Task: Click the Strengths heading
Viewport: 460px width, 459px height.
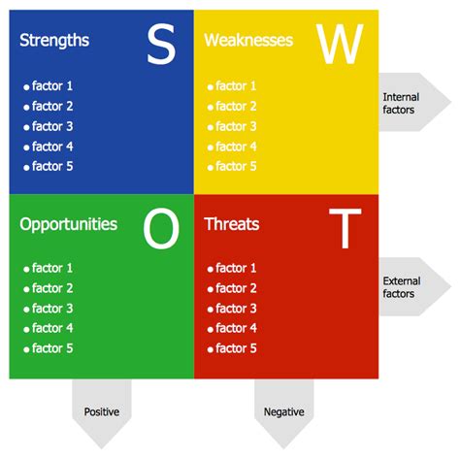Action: coord(54,41)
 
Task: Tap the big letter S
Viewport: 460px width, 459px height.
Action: coord(161,45)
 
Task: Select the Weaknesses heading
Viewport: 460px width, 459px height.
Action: coord(248,40)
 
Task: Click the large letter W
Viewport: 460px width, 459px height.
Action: coord(340,45)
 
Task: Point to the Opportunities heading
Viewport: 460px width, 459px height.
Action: coord(68,224)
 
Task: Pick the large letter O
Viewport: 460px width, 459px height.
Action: coord(161,228)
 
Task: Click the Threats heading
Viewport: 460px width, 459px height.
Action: coord(232,224)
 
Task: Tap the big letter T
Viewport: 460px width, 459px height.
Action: coord(345,228)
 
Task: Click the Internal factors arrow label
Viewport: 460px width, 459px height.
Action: coord(401,104)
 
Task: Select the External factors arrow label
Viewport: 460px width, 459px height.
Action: coord(402,287)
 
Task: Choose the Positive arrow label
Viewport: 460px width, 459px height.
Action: coord(102,412)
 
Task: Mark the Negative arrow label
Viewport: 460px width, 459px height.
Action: coord(284,412)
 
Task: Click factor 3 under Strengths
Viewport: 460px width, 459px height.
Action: coord(52,126)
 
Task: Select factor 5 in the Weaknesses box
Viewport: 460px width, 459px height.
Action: coord(236,167)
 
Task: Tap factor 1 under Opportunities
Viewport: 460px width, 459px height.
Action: coord(52,268)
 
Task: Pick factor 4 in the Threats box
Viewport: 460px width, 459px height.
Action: coord(236,328)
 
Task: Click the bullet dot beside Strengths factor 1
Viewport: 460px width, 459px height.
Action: coord(26,87)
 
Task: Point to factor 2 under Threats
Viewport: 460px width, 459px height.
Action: coord(236,288)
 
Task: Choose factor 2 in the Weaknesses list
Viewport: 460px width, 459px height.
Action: coord(236,107)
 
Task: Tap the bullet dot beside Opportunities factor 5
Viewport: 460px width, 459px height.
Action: coord(26,349)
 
